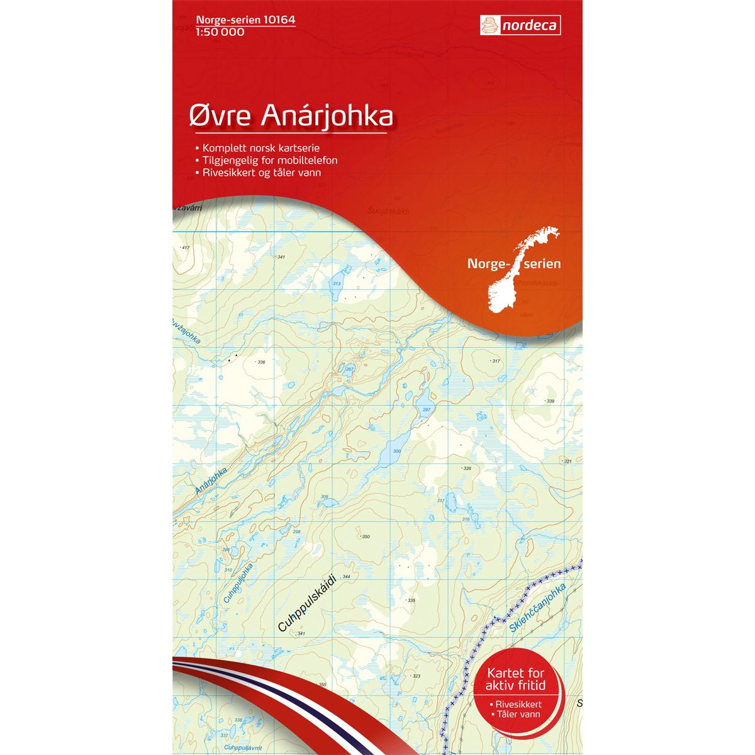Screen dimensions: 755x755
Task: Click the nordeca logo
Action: [520, 25]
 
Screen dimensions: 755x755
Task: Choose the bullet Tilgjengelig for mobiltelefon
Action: [269, 160]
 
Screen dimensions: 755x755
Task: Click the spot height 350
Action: [366, 537]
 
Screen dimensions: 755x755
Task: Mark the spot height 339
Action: [551, 401]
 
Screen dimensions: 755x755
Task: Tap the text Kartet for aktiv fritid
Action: [516, 679]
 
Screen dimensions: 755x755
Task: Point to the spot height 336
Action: [261, 362]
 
